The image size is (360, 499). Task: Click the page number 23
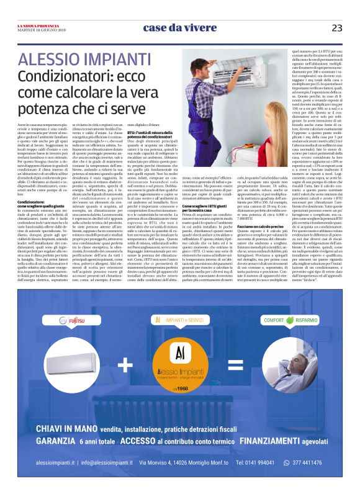[x=337, y=28]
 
